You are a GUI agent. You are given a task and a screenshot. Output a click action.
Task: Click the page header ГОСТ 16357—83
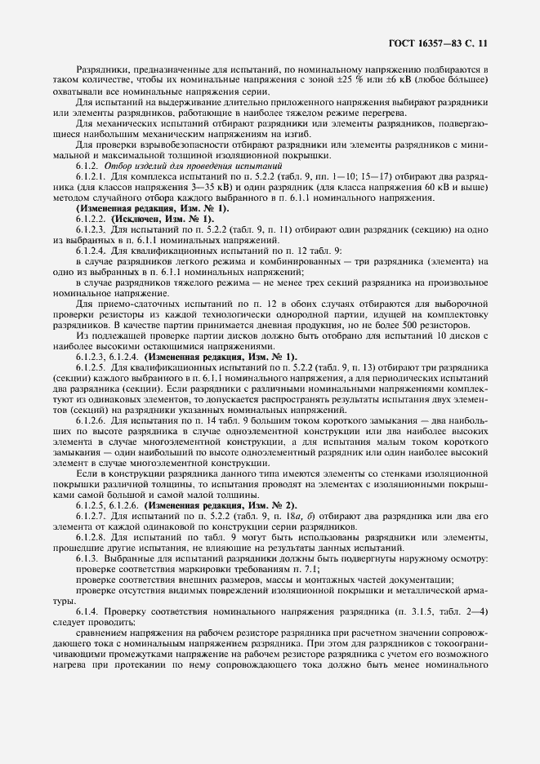pos(439,38)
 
